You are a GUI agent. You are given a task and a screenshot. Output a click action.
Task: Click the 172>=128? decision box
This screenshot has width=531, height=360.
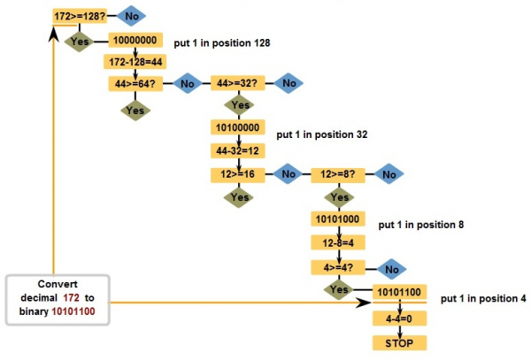[x=82, y=16]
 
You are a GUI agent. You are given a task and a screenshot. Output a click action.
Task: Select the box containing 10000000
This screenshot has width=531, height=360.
[x=135, y=41]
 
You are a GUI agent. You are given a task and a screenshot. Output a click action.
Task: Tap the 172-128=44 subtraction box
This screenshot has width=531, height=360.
[x=135, y=62]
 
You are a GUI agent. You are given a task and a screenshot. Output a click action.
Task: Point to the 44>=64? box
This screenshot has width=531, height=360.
[x=135, y=83]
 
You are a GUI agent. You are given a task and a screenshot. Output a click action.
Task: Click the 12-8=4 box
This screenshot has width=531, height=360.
[x=338, y=241]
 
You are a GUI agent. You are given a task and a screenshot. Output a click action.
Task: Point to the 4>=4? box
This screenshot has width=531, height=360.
[x=338, y=265]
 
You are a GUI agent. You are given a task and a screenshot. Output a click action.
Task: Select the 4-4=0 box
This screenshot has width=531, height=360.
[x=396, y=316]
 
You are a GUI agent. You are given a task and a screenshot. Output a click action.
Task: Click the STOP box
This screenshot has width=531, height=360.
[x=396, y=341]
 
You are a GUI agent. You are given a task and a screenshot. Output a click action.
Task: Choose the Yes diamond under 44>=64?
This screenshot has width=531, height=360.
[x=135, y=111]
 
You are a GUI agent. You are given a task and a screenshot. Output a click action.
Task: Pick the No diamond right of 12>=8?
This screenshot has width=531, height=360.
[x=389, y=174]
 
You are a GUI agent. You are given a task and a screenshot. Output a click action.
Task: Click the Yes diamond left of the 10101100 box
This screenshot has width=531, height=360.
[x=338, y=290]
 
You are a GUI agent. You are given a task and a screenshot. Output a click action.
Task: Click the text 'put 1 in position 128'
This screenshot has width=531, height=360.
[x=221, y=42]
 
